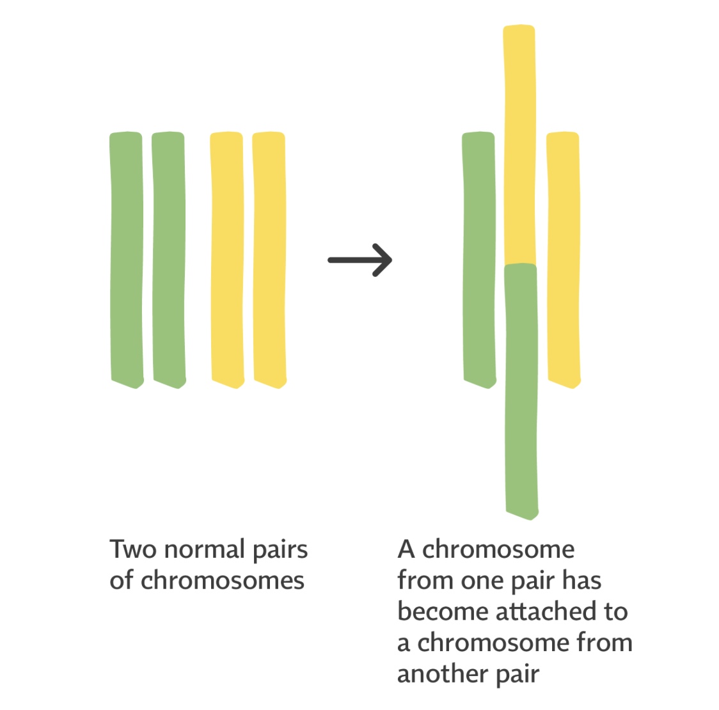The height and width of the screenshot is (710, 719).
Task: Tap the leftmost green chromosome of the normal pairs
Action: click(127, 259)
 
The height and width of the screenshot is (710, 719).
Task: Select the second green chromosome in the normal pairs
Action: click(169, 259)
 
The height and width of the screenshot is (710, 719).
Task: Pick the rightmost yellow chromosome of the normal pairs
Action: click(269, 259)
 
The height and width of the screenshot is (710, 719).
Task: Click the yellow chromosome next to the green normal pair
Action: click(227, 259)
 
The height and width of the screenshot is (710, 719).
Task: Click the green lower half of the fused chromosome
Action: click(521, 390)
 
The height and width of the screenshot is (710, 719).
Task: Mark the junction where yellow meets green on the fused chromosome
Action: click(520, 264)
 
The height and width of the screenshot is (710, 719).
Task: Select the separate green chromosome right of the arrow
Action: click(479, 259)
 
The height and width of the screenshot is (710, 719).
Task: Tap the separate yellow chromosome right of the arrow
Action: click(564, 259)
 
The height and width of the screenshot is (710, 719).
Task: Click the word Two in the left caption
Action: click(132, 549)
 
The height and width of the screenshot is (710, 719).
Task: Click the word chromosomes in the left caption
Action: click(222, 581)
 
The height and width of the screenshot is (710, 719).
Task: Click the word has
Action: click(581, 581)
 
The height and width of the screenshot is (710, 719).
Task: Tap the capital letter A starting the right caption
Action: click(406, 549)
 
